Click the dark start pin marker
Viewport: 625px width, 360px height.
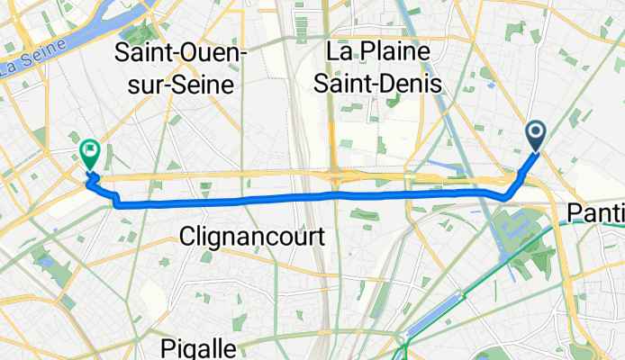(x=535, y=136)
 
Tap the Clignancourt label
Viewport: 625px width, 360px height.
(x=239, y=237)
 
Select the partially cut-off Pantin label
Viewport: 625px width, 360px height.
(x=596, y=212)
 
